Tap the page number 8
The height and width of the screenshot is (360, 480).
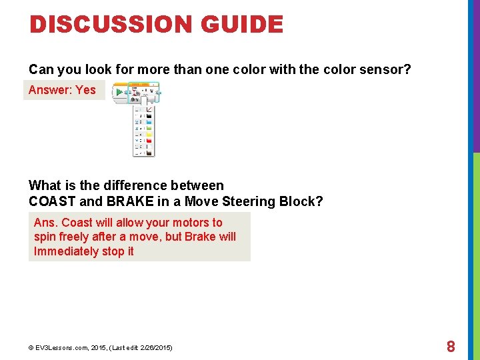(451, 347)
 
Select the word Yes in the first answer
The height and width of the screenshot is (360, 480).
(85, 90)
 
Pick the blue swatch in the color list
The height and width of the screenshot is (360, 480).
(149, 123)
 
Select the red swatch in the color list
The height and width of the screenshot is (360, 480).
(149, 141)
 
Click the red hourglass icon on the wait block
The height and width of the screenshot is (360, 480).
(134, 94)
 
